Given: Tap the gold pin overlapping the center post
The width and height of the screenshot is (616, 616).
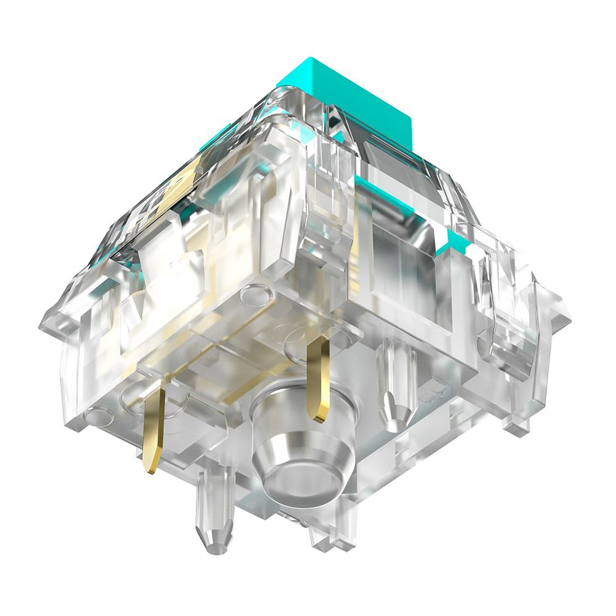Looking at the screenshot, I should [x=319, y=382].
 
